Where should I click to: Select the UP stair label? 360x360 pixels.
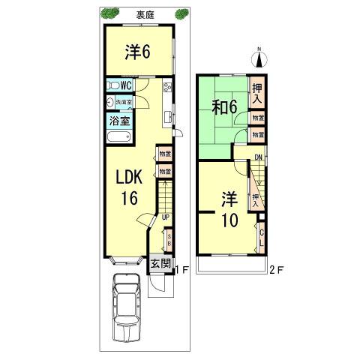pyautogui.click(x=165, y=217)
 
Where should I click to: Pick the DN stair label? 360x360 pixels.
pyautogui.click(x=258, y=157)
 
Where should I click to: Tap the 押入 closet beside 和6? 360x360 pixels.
pyautogui.click(x=257, y=94)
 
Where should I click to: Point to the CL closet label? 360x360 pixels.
pyautogui.click(x=261, y=236)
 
